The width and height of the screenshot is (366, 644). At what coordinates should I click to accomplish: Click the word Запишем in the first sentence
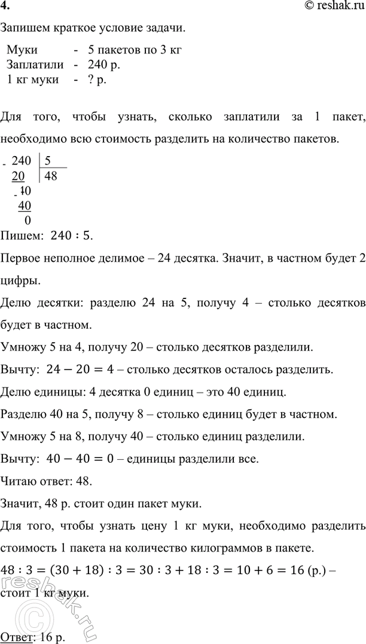pos(24,28)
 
